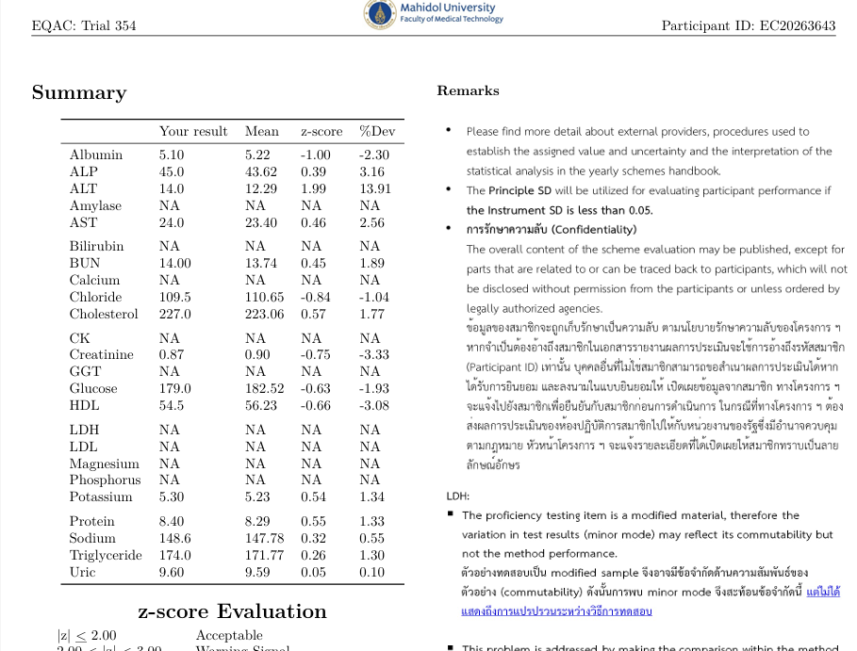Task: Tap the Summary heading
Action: point(79,92)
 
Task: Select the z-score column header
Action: point(322,131)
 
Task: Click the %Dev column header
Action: point(377,131)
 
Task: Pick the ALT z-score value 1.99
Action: point(314,188)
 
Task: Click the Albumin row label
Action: point(96,155)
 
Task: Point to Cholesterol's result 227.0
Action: point(175,314)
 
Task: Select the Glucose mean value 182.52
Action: point(264,388)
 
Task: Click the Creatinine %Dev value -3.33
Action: point(374,354)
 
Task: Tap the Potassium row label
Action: point(101,496)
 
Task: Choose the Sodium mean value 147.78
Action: point(264,538)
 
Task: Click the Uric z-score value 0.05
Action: point(314,572)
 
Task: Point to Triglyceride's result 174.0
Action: point(175,555)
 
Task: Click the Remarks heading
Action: point(468,91)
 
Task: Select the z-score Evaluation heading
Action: point(232,611)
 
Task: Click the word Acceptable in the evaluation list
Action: point(229,635)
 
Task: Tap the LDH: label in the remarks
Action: point(458,496)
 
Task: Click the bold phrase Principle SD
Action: point(526,190)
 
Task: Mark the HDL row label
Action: point(84,405)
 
